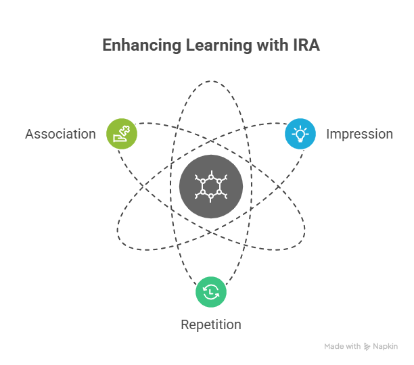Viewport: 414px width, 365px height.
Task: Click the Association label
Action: coord(60,134)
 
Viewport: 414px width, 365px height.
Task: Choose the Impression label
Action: coord(359,134)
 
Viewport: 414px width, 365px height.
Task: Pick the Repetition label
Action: coord(211,324)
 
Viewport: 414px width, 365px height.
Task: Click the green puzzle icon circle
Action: coord(122,133)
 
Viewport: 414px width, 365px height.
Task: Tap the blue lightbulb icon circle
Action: coord(300,133)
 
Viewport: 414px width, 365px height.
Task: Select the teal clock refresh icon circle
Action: coord(211,292)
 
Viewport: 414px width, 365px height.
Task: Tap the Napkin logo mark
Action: coord(368,346)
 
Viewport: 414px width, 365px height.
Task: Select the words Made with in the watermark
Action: coord(342,346)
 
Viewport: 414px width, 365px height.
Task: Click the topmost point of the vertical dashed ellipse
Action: coord(211,81)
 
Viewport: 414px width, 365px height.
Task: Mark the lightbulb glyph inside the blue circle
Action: coord(300,133)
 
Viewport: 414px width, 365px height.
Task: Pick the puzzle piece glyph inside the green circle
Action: coord(122,133)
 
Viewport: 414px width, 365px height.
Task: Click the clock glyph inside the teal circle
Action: coord(211,292)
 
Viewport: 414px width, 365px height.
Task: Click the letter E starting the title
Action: coord(107,45)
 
